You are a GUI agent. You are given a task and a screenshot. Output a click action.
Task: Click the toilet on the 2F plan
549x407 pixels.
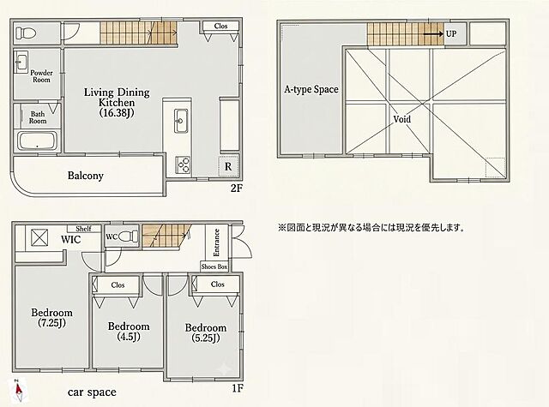click(x=26, y=33)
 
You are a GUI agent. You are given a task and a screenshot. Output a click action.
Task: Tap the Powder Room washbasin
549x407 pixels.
click(x=21, y=63)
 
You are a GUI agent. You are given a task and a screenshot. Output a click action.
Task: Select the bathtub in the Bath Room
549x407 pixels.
click(x=38, y=141)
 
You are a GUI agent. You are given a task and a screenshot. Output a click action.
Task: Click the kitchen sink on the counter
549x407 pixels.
click(x=181, y=121)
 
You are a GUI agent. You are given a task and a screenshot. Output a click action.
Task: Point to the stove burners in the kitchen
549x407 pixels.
click(x=183, y=165)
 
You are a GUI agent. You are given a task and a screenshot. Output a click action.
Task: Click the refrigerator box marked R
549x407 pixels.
click(x=229, y=166)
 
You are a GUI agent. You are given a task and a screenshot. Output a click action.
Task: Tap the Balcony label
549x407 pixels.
click(x=86, y=175)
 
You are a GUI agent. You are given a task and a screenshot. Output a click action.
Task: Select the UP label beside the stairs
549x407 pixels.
click(x=451, y=34)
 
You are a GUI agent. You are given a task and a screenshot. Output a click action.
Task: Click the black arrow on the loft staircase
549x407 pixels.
click(x=433, y=34)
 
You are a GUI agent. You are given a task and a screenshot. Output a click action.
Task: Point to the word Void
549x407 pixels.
click(x=402, y=119)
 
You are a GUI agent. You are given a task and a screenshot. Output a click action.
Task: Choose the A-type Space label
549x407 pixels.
click(x=311, y=89)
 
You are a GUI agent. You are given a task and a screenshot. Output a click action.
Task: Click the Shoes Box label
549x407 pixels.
click(x=214, y=266)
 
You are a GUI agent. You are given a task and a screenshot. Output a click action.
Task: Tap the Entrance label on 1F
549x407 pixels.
click(x=216, y=242)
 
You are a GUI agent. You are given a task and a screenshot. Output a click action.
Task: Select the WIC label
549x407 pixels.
click(x=70, y=240)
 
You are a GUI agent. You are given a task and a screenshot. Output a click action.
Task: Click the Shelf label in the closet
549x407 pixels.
click(x=83, y=229)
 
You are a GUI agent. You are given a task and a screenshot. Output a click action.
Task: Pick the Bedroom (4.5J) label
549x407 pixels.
click(x=129, y=332)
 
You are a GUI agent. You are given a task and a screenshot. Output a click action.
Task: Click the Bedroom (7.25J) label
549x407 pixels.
click(x=51, y=318)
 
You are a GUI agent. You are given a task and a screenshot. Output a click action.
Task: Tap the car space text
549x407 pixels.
click(x=92, y=392)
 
